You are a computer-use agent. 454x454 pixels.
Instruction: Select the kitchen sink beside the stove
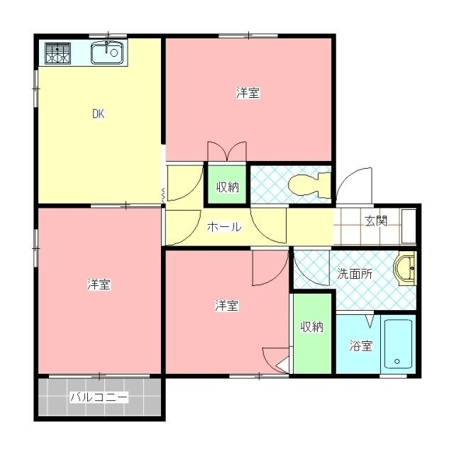[108, 52]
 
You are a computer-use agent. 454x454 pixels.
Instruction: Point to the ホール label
[224, 227]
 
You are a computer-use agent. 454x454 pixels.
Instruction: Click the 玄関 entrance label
[376, 221]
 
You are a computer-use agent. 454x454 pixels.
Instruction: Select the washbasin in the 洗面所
[406, 270]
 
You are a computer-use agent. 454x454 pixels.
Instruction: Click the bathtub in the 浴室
[398, 344]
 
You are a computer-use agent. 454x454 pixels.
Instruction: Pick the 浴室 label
[360, 346]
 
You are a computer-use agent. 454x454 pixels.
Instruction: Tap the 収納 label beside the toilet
[227, 187]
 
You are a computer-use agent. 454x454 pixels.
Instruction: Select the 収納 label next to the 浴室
[311, 327]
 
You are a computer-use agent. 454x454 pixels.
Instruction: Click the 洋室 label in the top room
[248, 93]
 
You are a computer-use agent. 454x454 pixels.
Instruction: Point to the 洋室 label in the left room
[99, 284]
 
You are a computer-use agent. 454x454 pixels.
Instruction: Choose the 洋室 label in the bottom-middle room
[226, 306]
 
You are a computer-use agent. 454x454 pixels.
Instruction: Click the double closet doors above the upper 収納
[226, 152]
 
